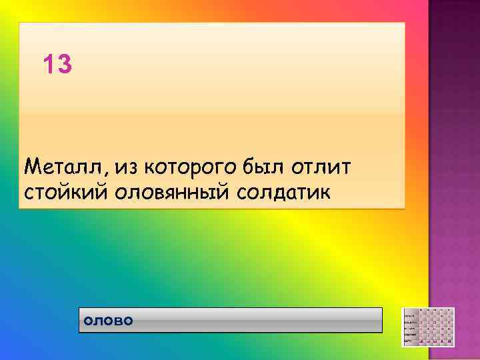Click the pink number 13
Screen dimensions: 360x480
point(57,65)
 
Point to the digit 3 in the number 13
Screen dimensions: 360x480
point(64,65)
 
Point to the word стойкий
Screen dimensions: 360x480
point(65,192)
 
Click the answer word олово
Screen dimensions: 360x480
point(108,321)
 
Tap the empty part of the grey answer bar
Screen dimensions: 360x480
point(260,320)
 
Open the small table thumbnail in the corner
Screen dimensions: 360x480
point(428,327)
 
